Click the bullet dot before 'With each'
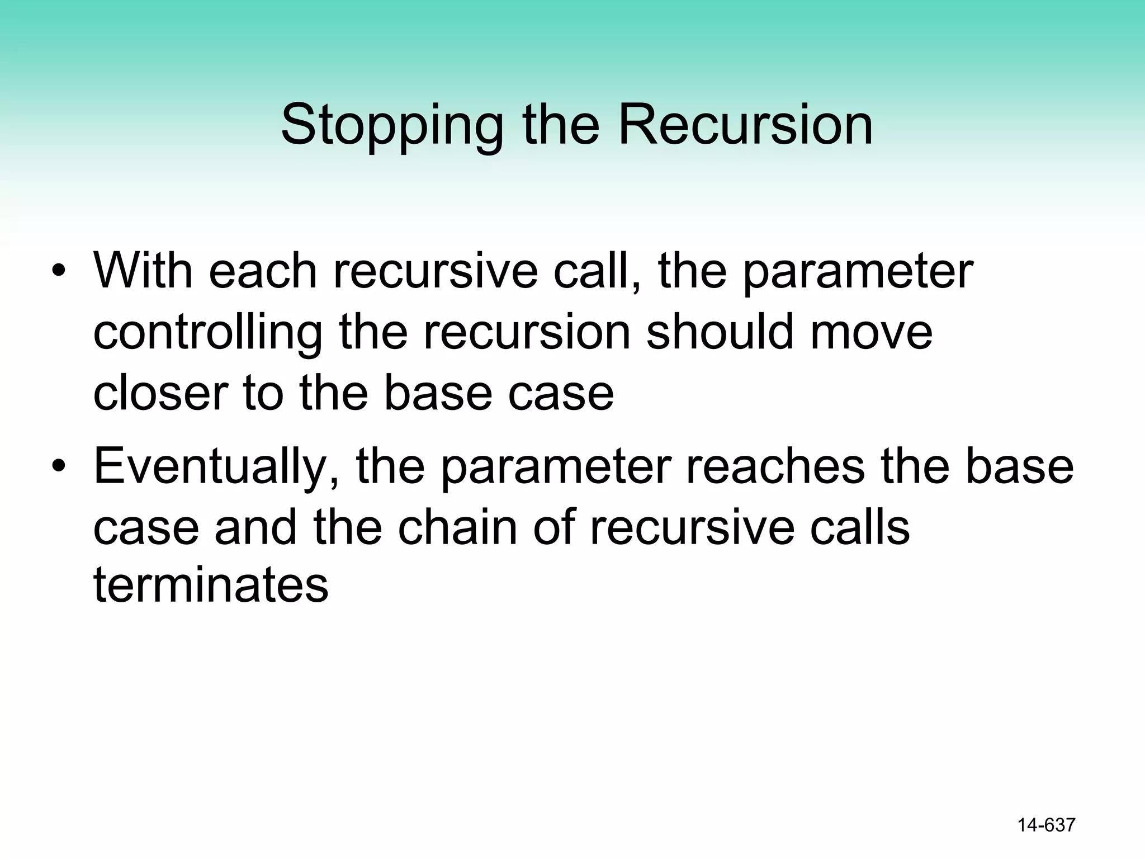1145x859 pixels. pyautogui.click(x=58, y=272)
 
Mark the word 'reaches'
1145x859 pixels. pyautogui.click(x=775, y=466)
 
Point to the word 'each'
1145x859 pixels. pyautogui.click(x=263, y=271)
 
